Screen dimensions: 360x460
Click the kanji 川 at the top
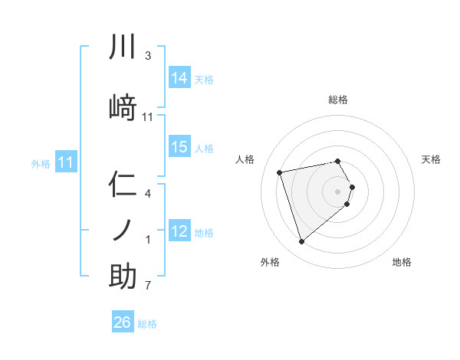123,47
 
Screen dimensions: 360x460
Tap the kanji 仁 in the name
123,186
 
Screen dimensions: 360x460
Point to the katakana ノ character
123,229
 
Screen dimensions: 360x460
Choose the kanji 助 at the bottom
123,277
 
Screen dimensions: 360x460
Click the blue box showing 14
179,78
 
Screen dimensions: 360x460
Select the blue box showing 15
179,147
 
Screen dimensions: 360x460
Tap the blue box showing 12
179,231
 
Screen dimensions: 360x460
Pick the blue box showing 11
66,162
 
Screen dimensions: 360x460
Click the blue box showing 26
123,322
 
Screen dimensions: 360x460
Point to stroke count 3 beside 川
148,56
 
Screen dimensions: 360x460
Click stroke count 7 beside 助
148,286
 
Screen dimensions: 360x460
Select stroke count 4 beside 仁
148,194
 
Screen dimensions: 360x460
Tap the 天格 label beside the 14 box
204,79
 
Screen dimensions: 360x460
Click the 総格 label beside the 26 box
147,324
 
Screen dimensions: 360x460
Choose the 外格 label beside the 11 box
41,163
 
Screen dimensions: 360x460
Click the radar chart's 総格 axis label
338,100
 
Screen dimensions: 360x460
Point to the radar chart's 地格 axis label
402,262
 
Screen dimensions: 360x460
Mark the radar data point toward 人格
280,172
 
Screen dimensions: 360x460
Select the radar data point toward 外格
301,242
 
